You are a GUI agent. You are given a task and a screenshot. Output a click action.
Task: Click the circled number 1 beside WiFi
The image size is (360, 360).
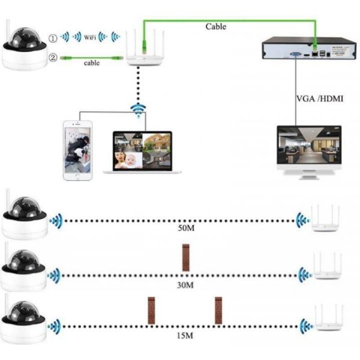click(x=53, y=38)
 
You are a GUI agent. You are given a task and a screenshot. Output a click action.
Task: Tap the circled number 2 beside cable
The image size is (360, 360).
click(x=53, y=58)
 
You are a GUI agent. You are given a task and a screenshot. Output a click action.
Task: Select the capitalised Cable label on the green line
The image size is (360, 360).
click(x=215, y=26)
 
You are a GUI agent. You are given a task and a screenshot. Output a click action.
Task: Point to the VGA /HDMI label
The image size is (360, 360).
click(x=320, y=98)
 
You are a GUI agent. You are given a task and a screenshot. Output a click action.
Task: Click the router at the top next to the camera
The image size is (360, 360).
click(x=142, y=48)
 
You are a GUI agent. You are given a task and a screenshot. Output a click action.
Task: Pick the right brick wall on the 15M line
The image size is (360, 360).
click(x=218, y=310)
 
